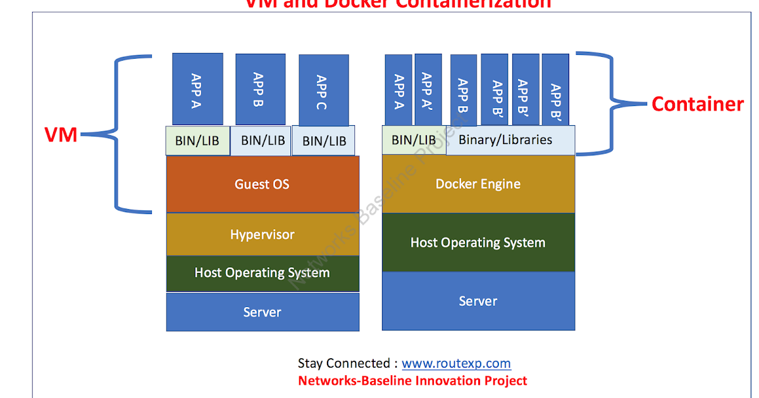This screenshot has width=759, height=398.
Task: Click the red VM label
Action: (x=61, y=134)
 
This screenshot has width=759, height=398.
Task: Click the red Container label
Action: (x=697, y=104)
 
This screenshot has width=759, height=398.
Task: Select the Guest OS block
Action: (x=262, y=184)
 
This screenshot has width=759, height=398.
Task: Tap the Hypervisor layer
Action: (x=262, y=234)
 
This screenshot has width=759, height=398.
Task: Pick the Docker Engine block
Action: (x=478, y=184)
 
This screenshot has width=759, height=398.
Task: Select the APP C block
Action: (x=323, y=90)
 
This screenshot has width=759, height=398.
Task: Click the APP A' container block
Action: (x=428, y=90)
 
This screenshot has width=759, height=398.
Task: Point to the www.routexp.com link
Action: (x=456, y=363)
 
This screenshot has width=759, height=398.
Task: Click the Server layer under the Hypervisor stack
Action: (x=262, y=311)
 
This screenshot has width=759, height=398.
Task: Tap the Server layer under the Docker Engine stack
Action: (x=478, y=301)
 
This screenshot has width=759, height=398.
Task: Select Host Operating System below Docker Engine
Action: (x=478, y=243)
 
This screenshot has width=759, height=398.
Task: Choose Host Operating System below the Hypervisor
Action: (x=262, y=273)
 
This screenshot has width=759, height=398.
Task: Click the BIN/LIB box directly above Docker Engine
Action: (x=413, y=140)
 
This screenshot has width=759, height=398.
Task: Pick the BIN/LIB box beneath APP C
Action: (x=324, y=141)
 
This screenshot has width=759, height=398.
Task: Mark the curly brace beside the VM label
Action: (x=120, y=134)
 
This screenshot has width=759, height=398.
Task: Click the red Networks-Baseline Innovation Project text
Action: (x=412, y=380)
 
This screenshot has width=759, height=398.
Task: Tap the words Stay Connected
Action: (x=344, y=363)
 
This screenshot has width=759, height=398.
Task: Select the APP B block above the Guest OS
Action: (x=260, y=89)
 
